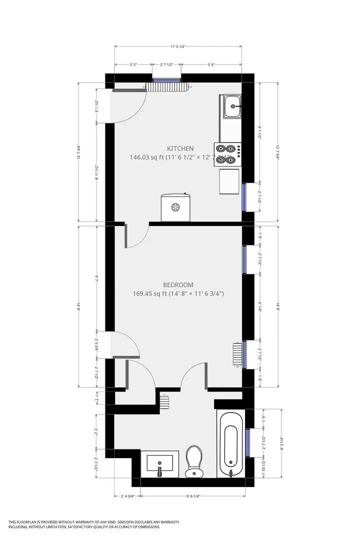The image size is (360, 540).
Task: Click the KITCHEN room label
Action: coord(180,148)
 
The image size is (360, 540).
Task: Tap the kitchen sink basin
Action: coord(232,106)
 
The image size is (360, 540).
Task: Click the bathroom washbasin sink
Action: coord(160,462)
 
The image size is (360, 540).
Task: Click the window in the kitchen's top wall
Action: coord(166,79)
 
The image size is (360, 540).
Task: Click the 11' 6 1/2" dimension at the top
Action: coord(178,46)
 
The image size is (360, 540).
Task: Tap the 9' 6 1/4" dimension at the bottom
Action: coord(193,496)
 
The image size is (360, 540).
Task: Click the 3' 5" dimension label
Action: coord(133,64)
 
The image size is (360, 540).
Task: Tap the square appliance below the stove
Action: coord(229,181)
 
